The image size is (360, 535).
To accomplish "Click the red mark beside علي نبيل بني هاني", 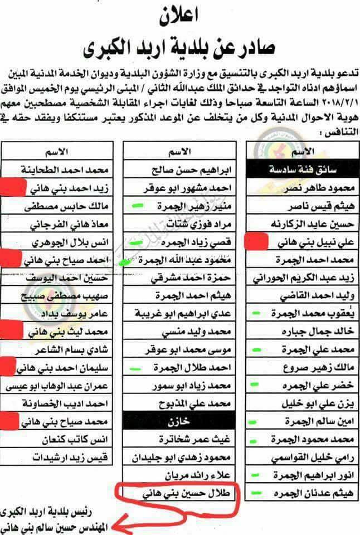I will click(257, 241).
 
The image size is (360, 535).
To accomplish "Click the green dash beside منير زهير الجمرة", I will click(136, 207).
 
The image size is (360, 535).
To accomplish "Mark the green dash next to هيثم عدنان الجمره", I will click(257, 493).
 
